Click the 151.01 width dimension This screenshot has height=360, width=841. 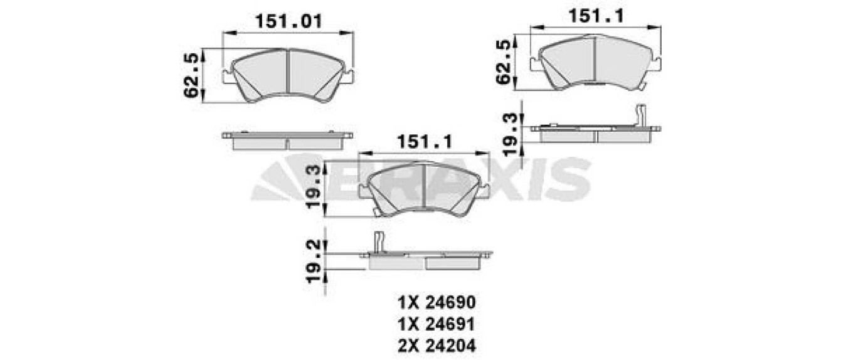tap(288, 22)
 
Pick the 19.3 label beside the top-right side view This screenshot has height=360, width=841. tap(511, 134)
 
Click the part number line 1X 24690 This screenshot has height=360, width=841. tap(436, 303)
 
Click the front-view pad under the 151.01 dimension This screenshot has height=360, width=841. tap(288, 75)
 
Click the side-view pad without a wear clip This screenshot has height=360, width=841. tap(287, 140)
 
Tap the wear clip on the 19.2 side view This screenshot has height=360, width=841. tap(378, 241)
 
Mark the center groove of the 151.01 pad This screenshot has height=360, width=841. tap(287, 75)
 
